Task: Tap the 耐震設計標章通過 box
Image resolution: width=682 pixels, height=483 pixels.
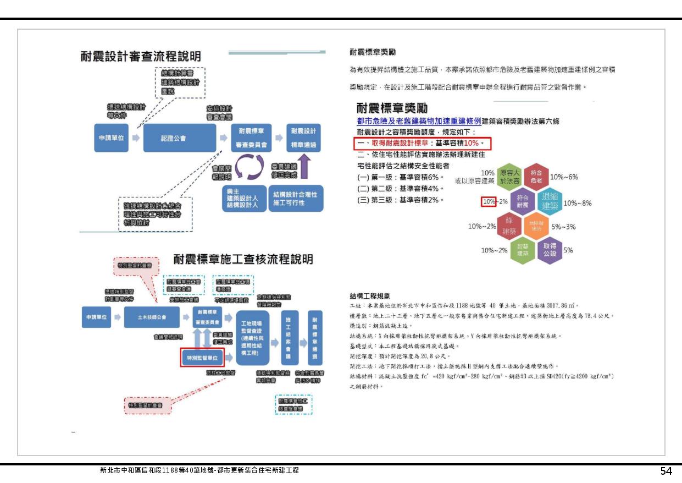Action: pyautogui.click(x=303, y=138)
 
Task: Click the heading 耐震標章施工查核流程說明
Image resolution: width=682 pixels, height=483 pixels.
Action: pyautogui.click(x=243, y=259)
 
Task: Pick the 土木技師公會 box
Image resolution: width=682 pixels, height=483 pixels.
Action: pyautogui.click(x=152, y=317)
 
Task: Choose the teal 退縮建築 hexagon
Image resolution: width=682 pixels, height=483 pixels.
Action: pyautogui.click(x=550, y=202)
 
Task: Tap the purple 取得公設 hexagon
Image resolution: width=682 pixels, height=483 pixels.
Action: pyautogui.click(x=550, y=250)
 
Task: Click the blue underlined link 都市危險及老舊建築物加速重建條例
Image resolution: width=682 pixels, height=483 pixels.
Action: pyautogui.click(x=419, y=121)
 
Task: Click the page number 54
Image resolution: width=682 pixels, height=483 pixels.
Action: pyautogui.click(x=666, y=471)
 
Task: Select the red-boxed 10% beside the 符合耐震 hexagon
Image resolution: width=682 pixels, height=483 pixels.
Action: pyautogui.click(x=489, y=202)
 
